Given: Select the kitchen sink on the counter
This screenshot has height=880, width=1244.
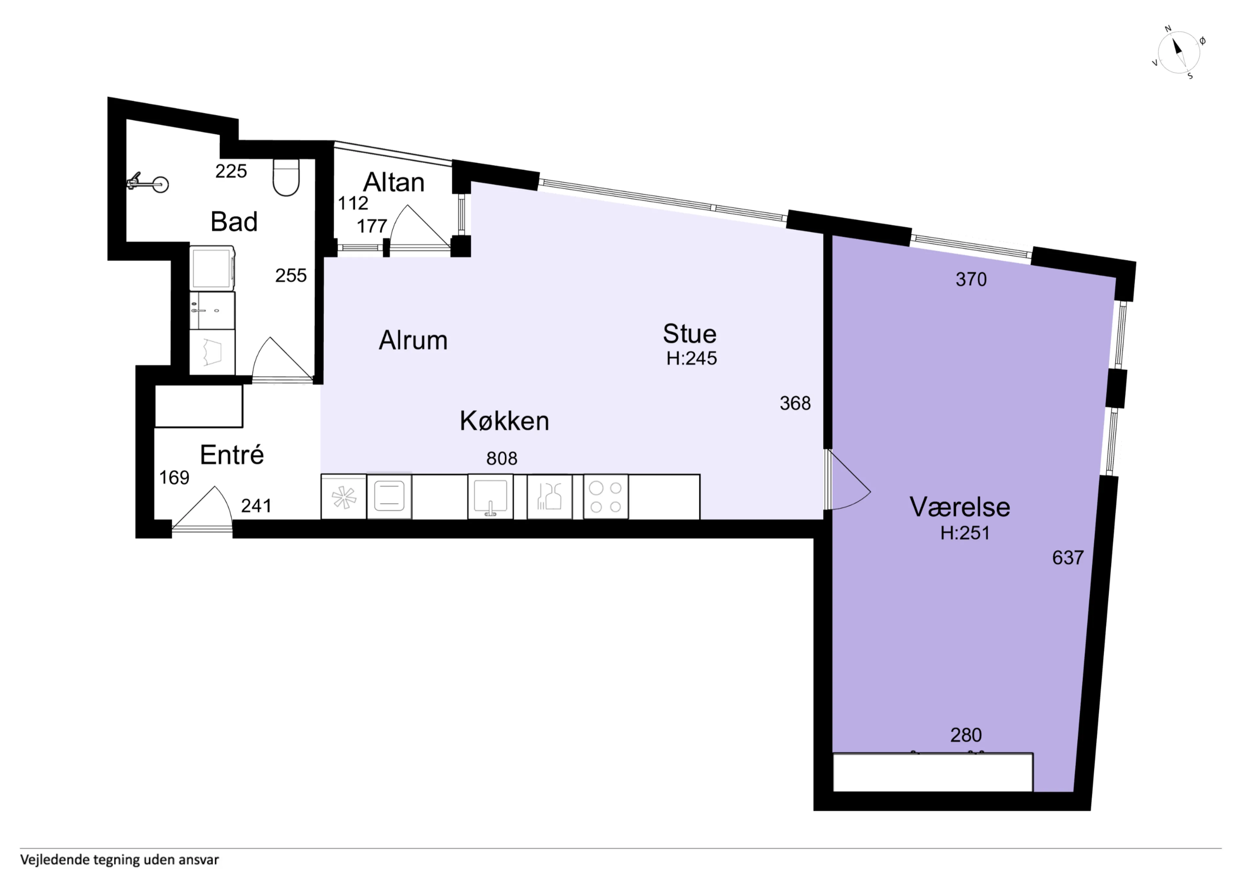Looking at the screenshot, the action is tap(490, 497).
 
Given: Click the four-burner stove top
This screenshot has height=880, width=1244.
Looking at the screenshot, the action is tap(606, 497).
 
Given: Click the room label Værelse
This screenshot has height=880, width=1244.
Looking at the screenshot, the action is tap(960, 507).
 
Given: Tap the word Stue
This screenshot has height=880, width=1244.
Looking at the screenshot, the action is tap(690, 334).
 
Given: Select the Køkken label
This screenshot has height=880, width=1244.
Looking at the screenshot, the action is tap(504, 421).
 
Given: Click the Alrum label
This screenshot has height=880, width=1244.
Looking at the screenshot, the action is tap(413, 341).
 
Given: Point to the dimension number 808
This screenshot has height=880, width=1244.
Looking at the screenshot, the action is tap(502, 459).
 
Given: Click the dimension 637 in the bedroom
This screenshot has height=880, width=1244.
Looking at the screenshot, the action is tap(1068, 558).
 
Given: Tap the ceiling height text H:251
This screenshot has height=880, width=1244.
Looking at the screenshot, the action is tap(965, 533).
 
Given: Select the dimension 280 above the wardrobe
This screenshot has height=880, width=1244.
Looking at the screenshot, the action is tap(966, 735).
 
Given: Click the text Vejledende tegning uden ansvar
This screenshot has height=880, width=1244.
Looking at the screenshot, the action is tap(120, 860).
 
